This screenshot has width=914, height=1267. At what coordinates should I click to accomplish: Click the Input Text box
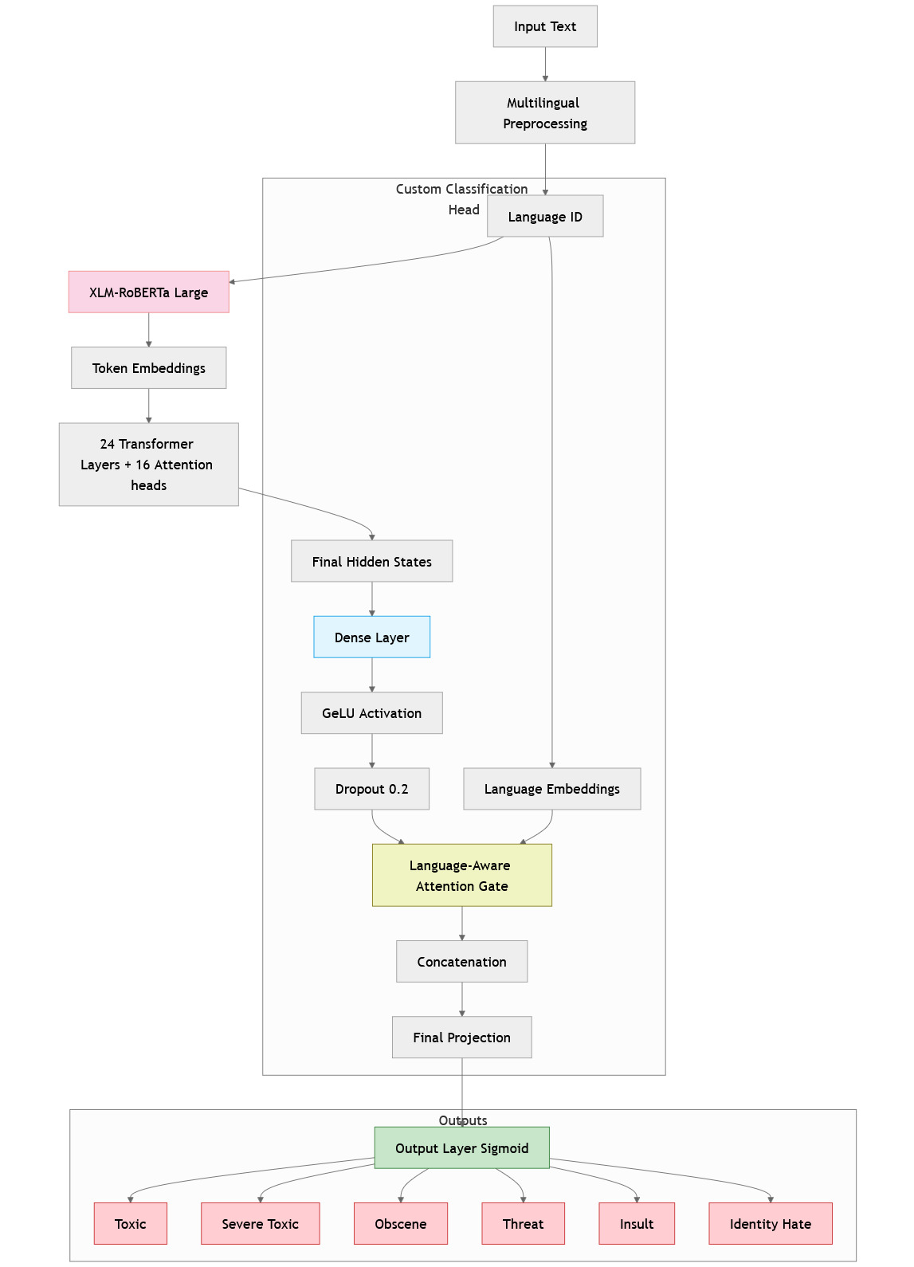[x=545, y=26]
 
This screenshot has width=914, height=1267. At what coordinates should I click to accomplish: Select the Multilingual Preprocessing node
[x=545, y=112]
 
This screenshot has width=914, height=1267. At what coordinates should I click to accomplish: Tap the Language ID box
[x=545, y=216]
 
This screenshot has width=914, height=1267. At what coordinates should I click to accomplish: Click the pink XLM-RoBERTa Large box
[x=149, y=292]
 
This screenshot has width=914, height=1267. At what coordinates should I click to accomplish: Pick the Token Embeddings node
[x=149, y=367]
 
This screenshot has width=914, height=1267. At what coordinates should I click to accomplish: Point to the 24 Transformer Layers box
[x=149, y=464]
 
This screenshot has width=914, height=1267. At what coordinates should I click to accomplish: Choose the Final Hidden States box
[x=372, y=561]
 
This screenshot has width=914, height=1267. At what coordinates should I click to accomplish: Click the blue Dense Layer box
[x=372, y=637]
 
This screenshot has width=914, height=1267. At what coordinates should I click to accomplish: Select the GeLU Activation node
[x=372, y=712]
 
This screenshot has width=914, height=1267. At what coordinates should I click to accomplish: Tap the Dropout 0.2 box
[x=372, y=788]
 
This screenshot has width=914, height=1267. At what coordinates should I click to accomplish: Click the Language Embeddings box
[x=552, y=788]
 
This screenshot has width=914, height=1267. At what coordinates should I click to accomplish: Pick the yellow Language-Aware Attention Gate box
[x=462, y=875]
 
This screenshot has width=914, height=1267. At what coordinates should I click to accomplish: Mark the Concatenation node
[x=462, y=961]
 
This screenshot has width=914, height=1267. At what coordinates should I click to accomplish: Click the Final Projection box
[x=462, y=1037]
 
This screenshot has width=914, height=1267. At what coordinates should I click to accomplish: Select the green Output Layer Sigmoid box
[x=462, y=1147]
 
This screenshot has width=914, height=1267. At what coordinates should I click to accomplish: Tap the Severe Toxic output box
[x=261, y=1223]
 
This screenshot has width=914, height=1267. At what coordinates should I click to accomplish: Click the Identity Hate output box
[x=771, y=1223]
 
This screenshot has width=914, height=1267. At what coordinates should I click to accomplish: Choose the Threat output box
[x=524, y=1223]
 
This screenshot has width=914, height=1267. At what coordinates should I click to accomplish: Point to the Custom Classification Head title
[x=461, y=198]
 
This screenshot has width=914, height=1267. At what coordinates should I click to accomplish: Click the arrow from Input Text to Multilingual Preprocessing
[x=545, y=64]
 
